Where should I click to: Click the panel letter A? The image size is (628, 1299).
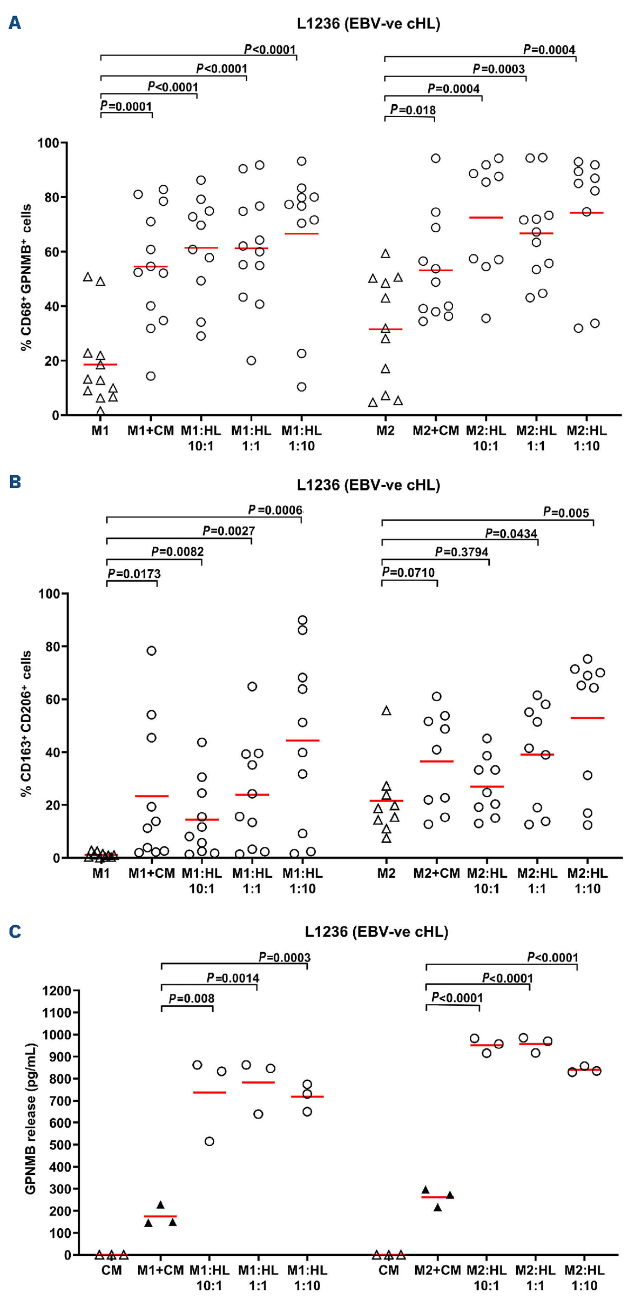(x=15, y=23)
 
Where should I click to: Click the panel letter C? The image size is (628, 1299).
(x=15, y=931)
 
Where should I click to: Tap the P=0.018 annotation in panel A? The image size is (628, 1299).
(x=413, y=110)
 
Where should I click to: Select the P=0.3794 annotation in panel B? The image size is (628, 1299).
(x=462, y=552)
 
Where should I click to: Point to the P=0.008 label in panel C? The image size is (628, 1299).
(x=192, y=998)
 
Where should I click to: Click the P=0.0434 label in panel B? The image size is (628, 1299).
(x=511, y=534)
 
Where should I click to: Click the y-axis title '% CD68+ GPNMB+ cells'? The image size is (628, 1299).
(x=26, y=278)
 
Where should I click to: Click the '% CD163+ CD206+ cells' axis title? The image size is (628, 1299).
(x=26, y=723)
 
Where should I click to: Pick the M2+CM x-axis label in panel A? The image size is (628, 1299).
(x=435, y=431)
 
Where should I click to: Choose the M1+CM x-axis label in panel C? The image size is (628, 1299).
(x=160, y=1270)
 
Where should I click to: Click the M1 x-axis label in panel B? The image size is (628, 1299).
(x=101, y=873)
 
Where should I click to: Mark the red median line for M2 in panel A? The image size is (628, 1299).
(x=386, y=329)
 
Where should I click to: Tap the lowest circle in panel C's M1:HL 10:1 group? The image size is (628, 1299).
(x=210, y=1141)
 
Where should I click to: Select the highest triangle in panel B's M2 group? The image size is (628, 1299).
(x=387, y=711)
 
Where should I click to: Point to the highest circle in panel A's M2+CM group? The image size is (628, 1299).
(x=435, y=158)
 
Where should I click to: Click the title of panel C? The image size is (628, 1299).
(x=376, y=931)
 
